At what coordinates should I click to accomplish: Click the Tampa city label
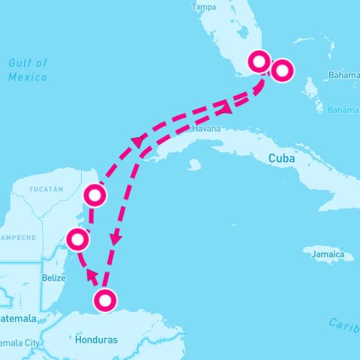point(205,7)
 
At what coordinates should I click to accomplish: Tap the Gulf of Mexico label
point(28,70)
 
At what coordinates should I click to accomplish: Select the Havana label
point(207,128)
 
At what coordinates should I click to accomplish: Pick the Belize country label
point(54,277)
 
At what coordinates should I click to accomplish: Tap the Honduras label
point(97,340)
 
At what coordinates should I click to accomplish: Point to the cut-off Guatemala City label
point(19,343)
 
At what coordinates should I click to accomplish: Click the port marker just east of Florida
point(282,70)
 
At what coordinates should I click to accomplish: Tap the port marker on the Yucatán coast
point(94,196)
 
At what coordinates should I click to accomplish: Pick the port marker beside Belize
point(78,240)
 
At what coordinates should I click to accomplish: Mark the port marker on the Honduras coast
point(105,301)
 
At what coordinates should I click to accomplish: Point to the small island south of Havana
point(195,163)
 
